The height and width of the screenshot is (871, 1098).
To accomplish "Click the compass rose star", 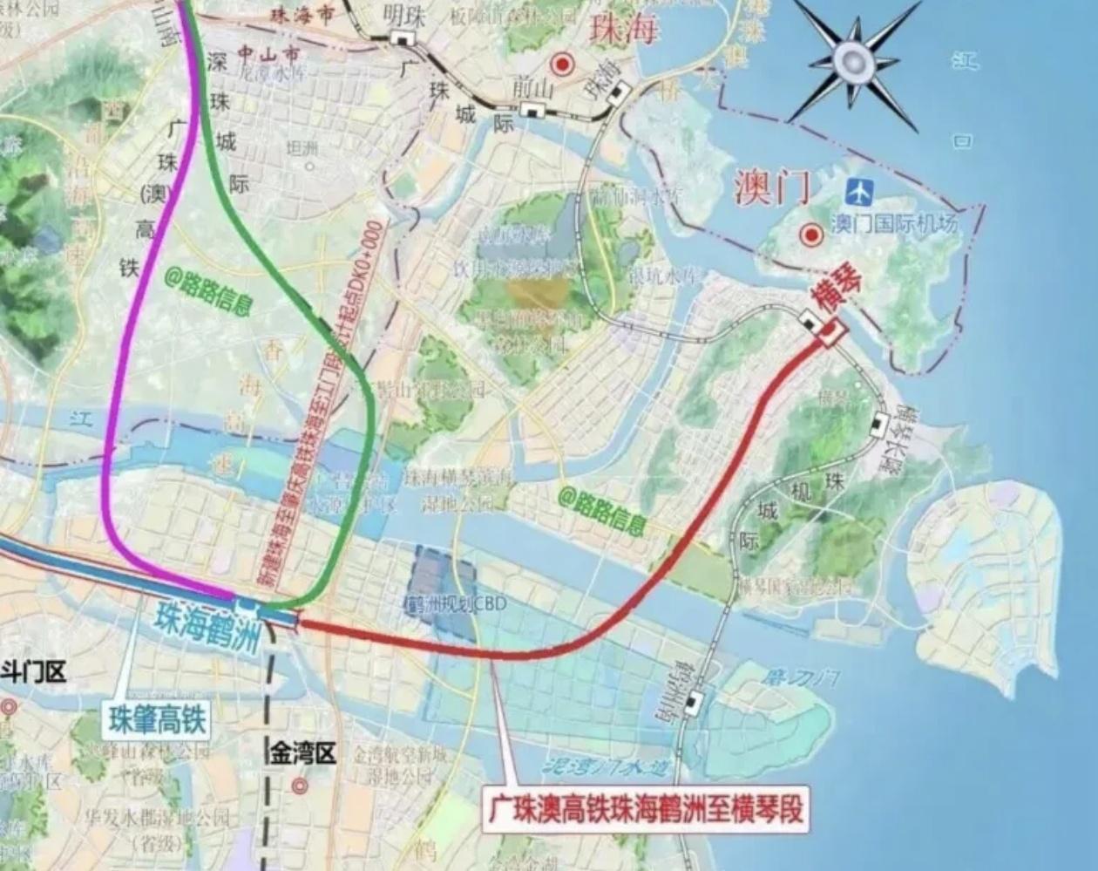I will [851, 60].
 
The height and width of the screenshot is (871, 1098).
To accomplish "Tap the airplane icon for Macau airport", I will [859, 190].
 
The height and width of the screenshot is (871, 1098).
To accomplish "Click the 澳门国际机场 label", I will [893, 224].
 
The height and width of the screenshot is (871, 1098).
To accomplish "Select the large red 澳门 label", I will [772, 187].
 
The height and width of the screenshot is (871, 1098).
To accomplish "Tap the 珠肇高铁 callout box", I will [158, 720].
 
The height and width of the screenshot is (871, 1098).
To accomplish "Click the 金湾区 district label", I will [302, 753].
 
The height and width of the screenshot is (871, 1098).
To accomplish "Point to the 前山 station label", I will [533, 86].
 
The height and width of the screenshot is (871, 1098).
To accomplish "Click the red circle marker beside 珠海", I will [562, 64].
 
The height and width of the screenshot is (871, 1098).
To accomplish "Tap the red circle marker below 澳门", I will [812, 234].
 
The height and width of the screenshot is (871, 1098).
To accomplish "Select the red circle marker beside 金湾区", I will [301, 786].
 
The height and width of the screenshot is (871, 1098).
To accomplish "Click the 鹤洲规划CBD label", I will [444, 603].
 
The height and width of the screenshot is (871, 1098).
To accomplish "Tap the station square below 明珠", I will [402, 37].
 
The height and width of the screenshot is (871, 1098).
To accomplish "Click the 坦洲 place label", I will [302, 148].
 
